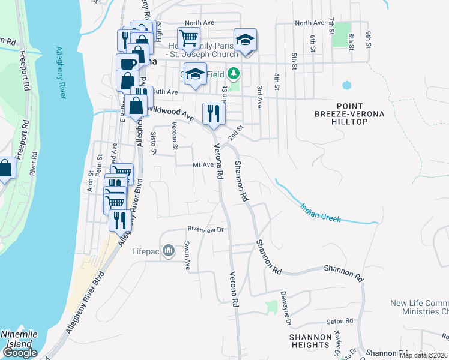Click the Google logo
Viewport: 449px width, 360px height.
point(20,353)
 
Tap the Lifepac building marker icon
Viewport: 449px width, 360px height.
point(169,250)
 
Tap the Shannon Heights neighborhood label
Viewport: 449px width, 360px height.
point(310,341)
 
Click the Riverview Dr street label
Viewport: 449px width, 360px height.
point(205,229)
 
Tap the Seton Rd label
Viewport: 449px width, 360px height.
point(339,322)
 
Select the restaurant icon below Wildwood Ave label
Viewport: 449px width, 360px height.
point(213,113)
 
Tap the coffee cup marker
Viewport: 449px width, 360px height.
point(127,64)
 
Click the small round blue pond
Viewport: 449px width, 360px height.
point(346,85)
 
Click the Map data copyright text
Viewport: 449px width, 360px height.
point(423,355)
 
